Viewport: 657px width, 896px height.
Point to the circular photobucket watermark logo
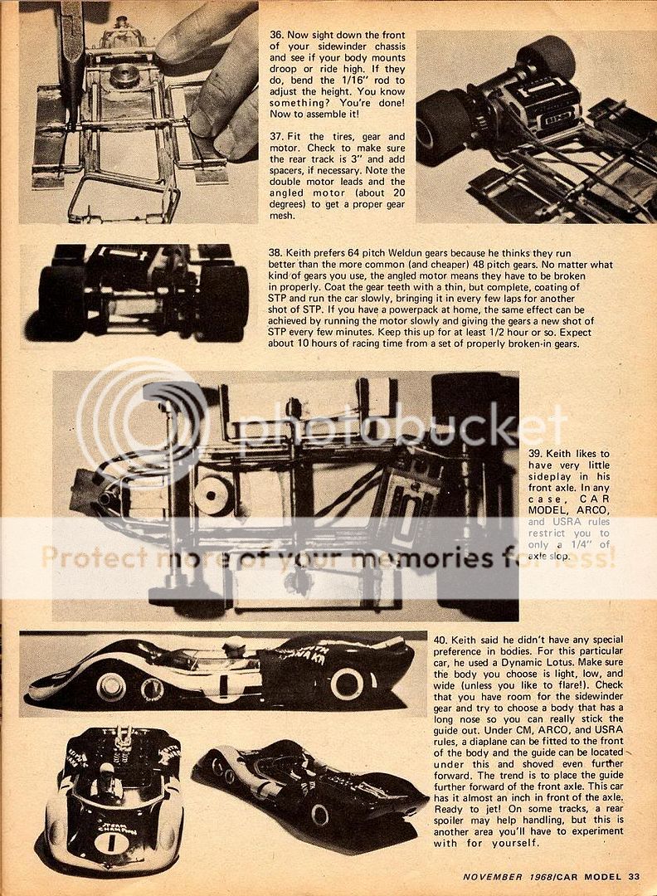click(141, 423)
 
